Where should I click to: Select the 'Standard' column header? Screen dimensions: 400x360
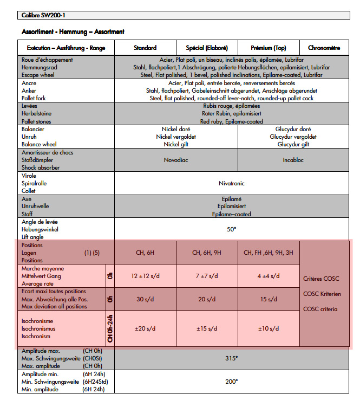[x=145, y=48]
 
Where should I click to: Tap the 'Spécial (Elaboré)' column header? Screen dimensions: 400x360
[x=207, y=48]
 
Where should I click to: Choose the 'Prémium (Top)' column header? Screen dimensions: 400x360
[x=269, y=48]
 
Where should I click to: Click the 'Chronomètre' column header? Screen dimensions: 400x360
[x=324, y=48]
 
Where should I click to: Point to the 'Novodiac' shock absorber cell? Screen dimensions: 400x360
[x=176, y=160]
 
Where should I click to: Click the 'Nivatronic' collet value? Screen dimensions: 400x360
[x=232, y=183]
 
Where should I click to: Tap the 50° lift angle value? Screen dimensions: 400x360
[x=232, y=229]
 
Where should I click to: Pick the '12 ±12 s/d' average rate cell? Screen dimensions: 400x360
[x=145, y=276]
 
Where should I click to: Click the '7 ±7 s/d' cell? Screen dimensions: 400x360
[x=207, y=276]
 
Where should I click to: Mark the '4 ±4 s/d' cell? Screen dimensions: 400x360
[x=269, y=276]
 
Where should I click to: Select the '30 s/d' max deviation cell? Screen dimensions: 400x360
[x=145, y=299]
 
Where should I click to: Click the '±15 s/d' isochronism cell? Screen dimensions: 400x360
[x=207, y=328]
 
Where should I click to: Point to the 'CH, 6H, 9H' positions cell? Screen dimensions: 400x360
[x=207, y=253]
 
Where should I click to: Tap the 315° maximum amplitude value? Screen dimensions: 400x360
[x=232, y=358]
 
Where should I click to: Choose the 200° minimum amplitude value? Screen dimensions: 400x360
[x=232, y=382]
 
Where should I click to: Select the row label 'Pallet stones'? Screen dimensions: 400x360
[x=37, y=122]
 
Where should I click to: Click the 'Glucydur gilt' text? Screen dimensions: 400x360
[x=293, y=145]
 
